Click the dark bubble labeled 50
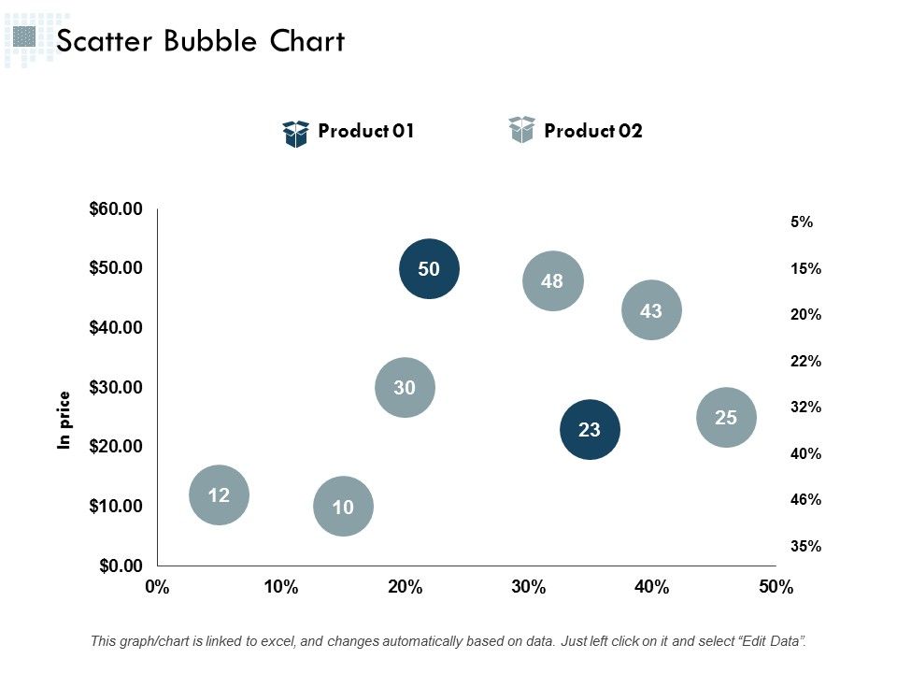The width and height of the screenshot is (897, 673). [429, 269]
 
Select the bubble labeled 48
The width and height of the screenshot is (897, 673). [552, 280]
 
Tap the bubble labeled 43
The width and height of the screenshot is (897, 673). [651, 310]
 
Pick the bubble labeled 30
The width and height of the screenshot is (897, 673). [405, 387]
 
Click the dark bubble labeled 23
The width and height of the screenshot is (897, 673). [590, 430]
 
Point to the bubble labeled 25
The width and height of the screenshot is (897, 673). [726, 418]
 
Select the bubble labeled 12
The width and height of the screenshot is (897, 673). [219, 495]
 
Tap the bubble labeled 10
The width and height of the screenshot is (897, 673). [343, 507]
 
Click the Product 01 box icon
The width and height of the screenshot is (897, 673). [295, 134]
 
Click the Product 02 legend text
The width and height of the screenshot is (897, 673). [593, 131]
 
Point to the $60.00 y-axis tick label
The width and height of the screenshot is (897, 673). [116, 208]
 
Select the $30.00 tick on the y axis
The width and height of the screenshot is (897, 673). [116, 387]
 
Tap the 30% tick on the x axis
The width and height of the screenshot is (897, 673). [528, 588]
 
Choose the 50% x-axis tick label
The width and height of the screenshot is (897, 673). [776, 588]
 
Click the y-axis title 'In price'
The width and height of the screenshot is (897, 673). [64, 420]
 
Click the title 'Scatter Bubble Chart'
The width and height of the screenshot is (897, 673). [201, 41]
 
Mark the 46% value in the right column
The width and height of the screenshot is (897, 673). [805, 500]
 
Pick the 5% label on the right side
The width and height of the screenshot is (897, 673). [802, 222]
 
